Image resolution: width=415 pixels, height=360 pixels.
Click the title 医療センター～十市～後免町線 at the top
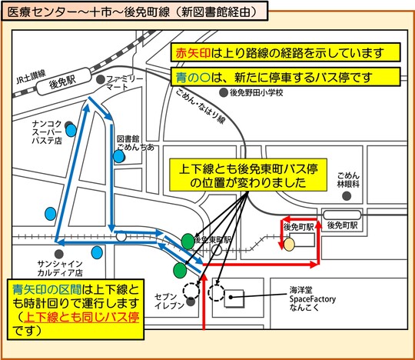(131, 12)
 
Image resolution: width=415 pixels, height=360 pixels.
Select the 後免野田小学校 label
(257, 92)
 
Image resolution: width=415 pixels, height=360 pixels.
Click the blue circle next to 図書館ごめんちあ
(119, 156)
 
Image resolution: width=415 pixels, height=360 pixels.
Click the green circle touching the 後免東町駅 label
(188, 239)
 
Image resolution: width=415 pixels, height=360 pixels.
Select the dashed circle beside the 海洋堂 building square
(218, 293)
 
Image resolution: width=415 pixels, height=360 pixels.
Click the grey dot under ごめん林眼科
(347, 196)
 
